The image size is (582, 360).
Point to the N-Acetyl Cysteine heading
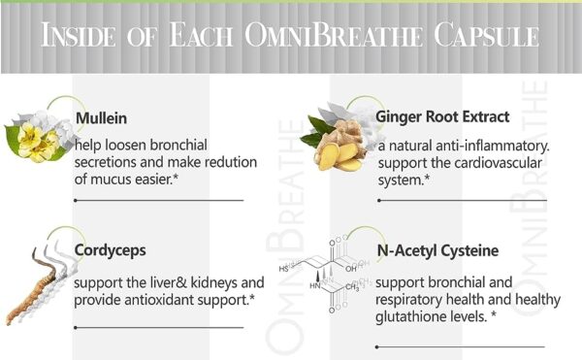click(x=436, y=250)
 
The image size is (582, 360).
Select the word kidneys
click(x=200, y=283)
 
